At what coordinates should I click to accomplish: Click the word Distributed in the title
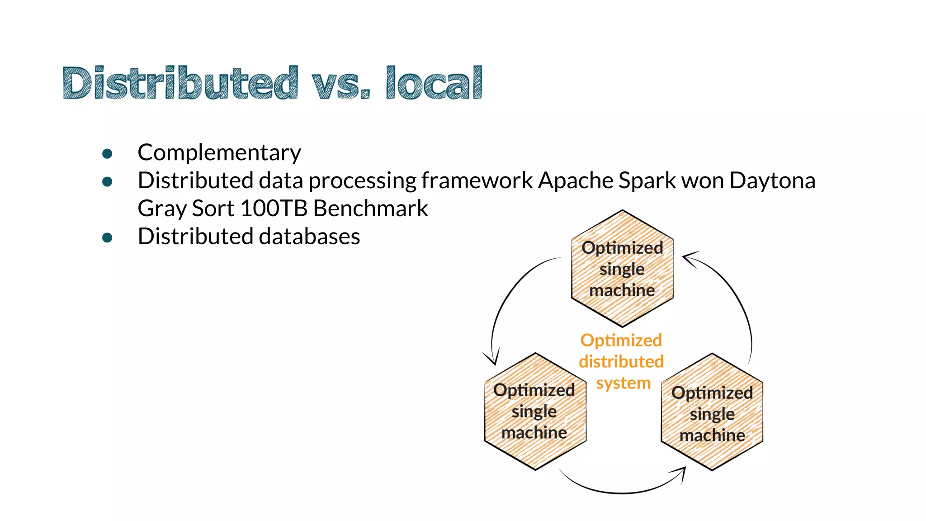tap(180, 83)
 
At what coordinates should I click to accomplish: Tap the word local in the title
tap(434, 83)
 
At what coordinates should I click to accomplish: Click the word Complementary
tap(219, 152)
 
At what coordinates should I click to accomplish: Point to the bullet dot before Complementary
tap(107, 154)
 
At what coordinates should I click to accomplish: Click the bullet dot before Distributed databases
tap(107, 238)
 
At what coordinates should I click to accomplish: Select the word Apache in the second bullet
tap(576, 180)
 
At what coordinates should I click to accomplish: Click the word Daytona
tap(772, 180)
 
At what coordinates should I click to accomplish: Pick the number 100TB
tap(274, 208)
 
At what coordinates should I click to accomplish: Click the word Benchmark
tap(370, 208)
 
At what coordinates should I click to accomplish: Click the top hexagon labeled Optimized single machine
tap(622, 269)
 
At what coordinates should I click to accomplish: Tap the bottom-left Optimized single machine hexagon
tap(535, 411)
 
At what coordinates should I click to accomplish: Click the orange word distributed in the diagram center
tap(621, 361)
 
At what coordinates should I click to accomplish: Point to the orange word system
tap(623, 383)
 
